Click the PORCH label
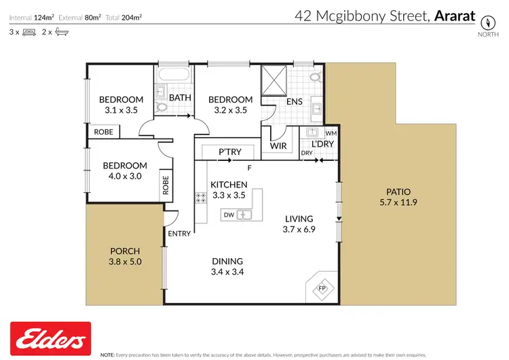click(x=124, y=251)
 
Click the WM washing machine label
click(x=331, y=132)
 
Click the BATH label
click(x=180, y=98)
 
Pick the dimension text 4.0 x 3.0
click(x=124, y=176)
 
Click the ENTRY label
click(x=179, y=234)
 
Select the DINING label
click(x=228, y=261)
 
